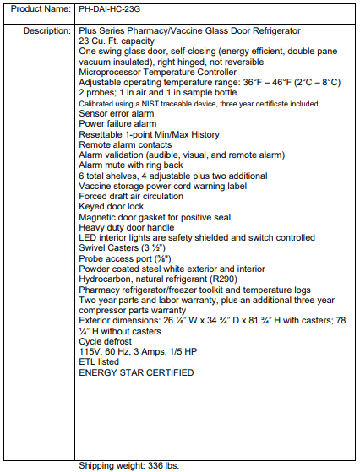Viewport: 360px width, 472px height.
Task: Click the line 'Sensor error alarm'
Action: (x=117, y=113)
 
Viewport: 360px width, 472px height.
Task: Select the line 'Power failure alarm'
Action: (x=117, y=123)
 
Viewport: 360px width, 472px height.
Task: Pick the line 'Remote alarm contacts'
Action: (x=123, y=144)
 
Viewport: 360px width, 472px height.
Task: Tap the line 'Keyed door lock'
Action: (x=112, y=206)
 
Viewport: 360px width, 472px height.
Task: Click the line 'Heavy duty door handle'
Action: (x=127, y=227)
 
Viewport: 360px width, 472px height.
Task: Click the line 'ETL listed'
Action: (x=100, y=361)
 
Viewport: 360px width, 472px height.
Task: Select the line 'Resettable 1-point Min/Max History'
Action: (x=149, y=134)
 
